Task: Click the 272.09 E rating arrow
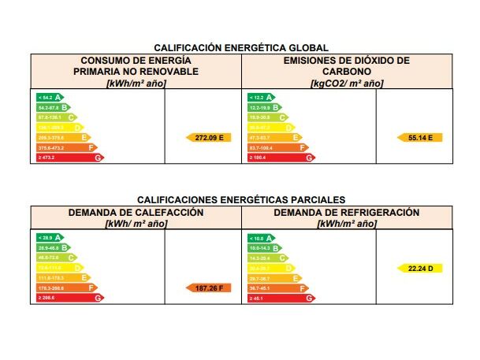209,137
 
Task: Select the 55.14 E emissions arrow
420,137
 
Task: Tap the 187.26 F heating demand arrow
209,288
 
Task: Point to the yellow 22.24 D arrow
420,268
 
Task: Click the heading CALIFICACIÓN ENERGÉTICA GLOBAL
241,48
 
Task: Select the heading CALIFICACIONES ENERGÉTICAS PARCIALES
241,200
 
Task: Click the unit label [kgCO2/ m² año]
347,82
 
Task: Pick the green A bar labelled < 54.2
50,97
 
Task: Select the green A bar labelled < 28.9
50,237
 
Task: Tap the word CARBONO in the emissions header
347,71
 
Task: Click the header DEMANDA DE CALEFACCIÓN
136,213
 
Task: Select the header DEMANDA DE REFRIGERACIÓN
347,213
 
